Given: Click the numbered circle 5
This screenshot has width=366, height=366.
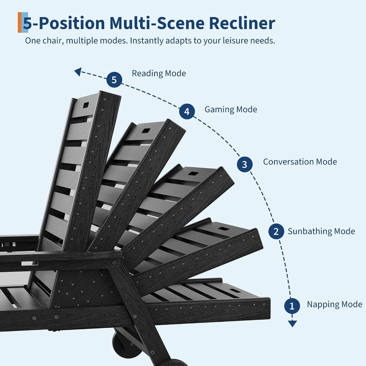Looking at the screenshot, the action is pos(114,80).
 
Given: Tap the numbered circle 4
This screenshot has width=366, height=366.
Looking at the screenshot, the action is pos(187,112).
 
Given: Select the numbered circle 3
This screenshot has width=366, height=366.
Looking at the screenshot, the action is pos(244,164).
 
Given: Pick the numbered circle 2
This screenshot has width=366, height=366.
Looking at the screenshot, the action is pos(276,231).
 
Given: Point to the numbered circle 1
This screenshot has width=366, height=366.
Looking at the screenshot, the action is pos(292,306).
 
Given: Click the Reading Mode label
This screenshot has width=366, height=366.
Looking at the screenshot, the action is pos(159,73).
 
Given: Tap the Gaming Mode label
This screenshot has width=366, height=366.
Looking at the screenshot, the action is pos(231,109).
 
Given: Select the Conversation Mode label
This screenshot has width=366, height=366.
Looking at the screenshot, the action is pos(300,162).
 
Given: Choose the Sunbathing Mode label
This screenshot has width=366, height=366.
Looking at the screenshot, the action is pos(321,231).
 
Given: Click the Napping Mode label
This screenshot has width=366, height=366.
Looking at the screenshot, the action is pos(335,305).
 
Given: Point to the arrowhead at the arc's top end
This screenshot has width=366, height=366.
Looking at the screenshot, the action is pos(78,71).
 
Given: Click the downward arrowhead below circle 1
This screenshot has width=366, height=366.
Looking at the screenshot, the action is pos(292,323).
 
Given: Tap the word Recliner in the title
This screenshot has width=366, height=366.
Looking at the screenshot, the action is pos(242,23).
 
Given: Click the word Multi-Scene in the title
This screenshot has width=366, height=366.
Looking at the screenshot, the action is pos(157,23).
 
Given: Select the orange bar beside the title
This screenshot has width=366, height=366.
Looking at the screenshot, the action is pos(20,23).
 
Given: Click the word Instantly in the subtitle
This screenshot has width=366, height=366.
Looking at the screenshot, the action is pos(147,41).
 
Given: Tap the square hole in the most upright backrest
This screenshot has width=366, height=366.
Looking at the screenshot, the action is pos(86,105).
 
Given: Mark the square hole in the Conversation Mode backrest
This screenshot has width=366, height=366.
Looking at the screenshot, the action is pos(193,173).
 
